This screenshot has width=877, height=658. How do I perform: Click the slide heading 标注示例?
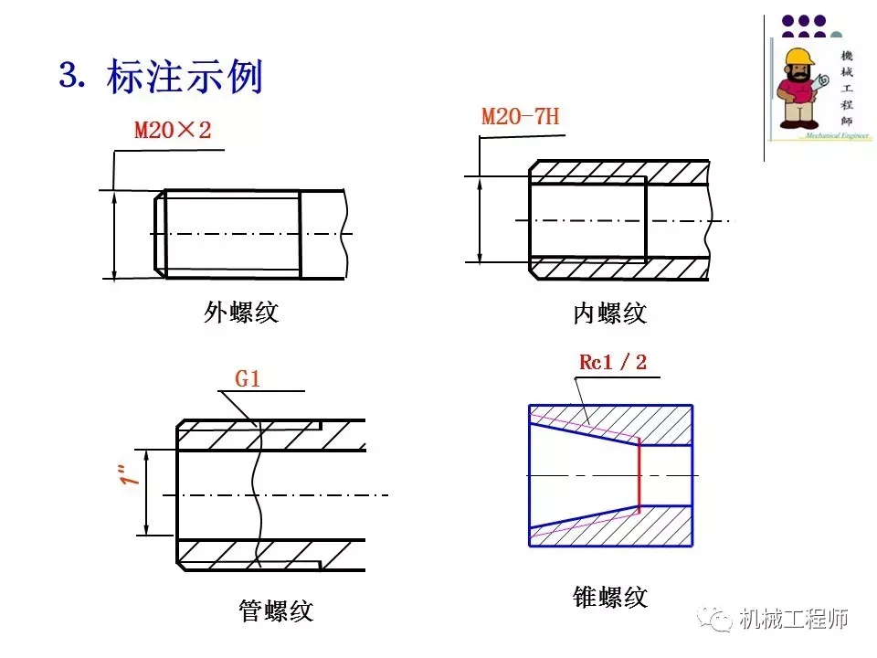click(x=185, y=78)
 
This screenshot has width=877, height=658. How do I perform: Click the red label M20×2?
click(x=173, y=131)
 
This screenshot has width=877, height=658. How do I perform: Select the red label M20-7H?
click(x=520, y=117)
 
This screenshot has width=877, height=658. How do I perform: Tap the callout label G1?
click(x=248, y=378)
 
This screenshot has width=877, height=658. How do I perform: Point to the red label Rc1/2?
click(x=612, y=362)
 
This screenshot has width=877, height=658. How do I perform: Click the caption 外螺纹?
click(x=240, y=313)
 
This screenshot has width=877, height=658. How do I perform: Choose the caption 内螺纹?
click(x=609, y=313)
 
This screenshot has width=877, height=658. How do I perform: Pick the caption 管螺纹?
click(x=276, y=610)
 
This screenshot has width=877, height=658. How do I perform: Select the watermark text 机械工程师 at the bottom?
click(x=794, y=620)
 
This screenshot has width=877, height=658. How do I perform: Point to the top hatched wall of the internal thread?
click(x=619, y=171)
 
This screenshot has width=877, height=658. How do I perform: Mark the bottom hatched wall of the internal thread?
click(x=619, y=269)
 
